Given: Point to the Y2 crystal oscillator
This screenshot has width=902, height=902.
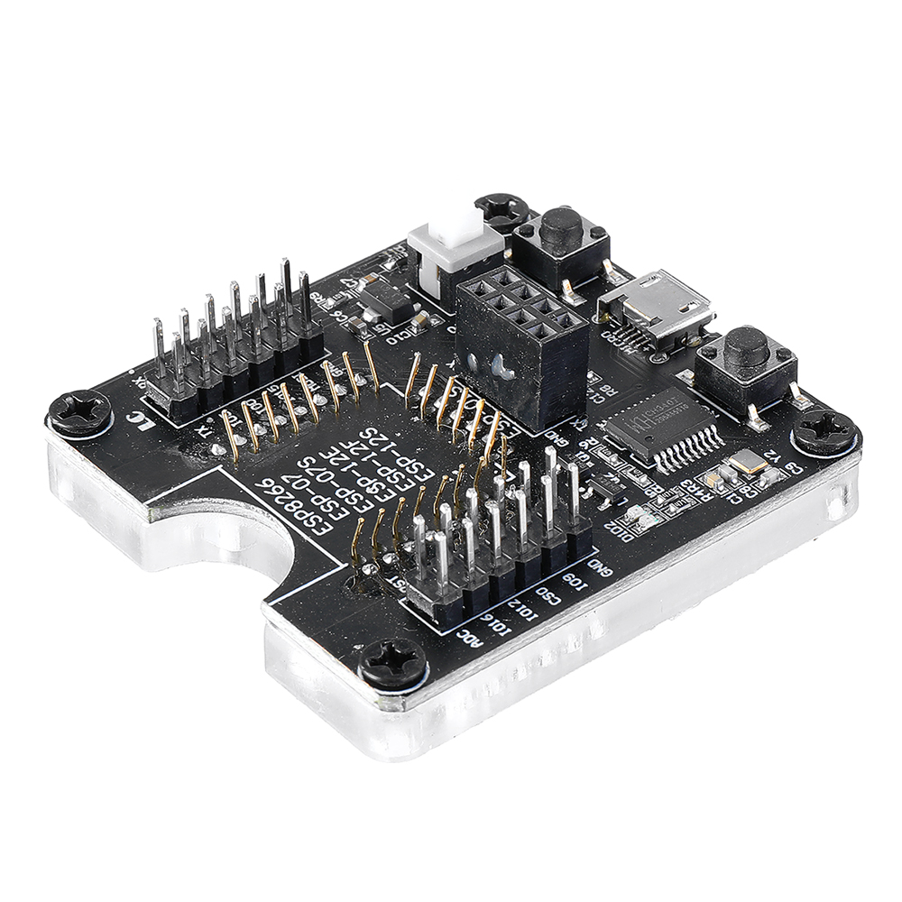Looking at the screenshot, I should (748, 465).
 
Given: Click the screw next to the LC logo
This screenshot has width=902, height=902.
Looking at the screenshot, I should (80, 413).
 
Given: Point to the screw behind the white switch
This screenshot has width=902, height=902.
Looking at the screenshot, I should (501, 210).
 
